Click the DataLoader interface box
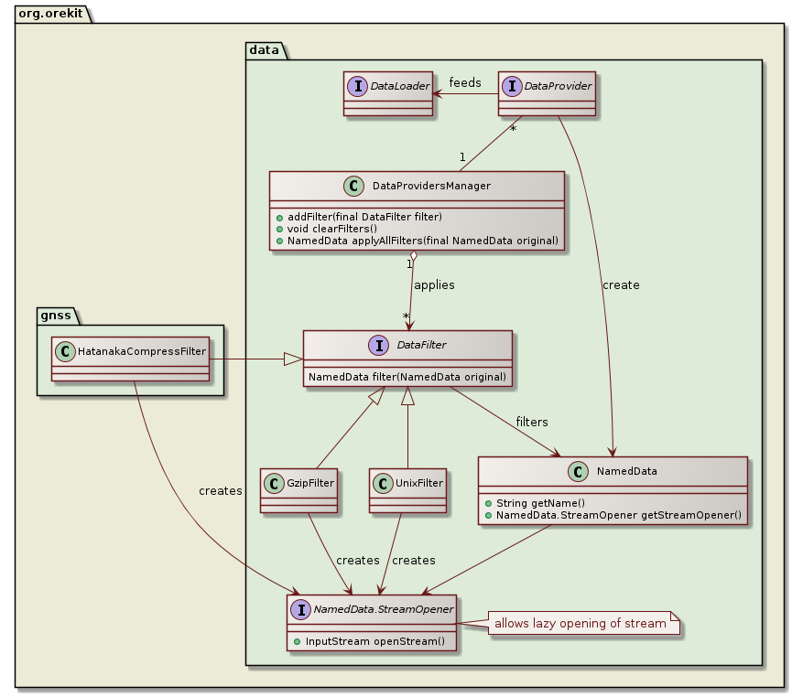(388, 93)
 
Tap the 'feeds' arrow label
(465, 83)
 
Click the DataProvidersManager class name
(432, 186)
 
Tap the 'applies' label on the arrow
(434, 284)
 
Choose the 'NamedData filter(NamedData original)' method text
(407, 377)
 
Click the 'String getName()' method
(536, 503)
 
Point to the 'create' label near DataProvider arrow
(621, 284)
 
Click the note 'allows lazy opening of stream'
(580, 624)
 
